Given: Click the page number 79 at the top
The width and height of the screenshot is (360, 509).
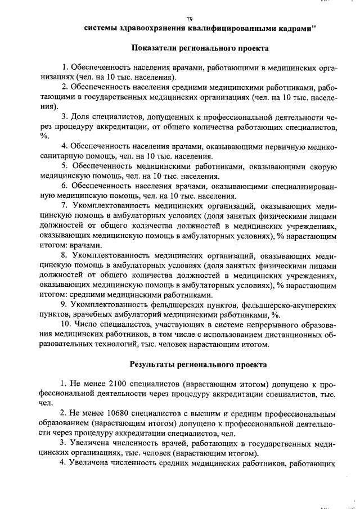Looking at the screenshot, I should click(x=189, y=19).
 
